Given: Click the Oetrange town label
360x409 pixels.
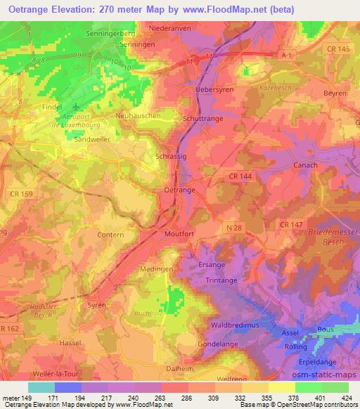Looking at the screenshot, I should coord(179,190).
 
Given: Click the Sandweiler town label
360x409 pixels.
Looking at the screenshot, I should coord(94,139).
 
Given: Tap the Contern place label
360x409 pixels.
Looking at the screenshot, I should coord(110,235).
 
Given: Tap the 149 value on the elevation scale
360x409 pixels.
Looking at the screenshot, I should coord(25,396).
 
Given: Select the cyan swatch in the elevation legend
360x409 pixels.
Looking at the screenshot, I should coord(41,387).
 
